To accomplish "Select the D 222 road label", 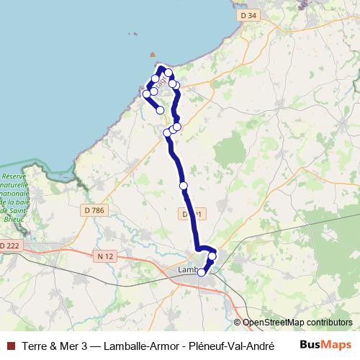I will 9,246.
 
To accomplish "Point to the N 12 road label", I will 104,255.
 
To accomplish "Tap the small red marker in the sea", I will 152,54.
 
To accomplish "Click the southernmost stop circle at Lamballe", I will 202,272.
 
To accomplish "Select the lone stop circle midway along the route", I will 184,186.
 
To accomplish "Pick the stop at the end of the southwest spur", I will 161,110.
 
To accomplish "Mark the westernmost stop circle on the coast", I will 147,94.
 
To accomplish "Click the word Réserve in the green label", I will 14,176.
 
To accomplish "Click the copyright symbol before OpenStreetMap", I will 238,323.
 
